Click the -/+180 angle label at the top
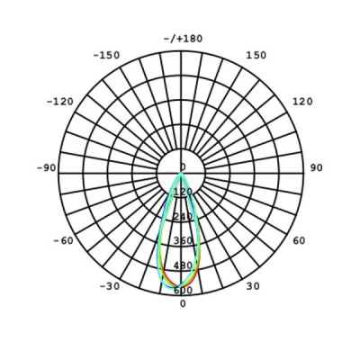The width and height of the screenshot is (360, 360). [183, 39]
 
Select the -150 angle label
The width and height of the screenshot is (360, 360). [106, 55]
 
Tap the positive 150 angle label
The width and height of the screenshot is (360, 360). [256, 55]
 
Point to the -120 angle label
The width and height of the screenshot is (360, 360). [60, 102]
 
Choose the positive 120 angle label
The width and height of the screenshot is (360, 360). [302, 102]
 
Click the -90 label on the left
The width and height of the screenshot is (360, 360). [47, 167]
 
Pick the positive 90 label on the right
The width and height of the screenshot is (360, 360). [316, 167]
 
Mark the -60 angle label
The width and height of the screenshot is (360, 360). [63, 240]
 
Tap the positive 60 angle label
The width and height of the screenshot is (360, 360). [299, 240]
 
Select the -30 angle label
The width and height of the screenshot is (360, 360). [110, 286]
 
